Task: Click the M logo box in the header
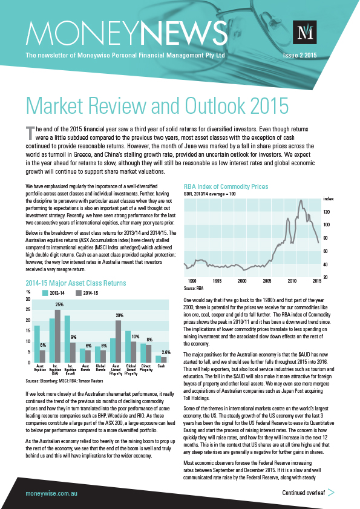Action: (304, 33)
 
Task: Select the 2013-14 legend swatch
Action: (45, 293)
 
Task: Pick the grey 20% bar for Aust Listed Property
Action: (119, 341)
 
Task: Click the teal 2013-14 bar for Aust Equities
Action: (37, 344)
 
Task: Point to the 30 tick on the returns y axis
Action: (28, 299)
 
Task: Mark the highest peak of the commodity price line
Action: (300, 200)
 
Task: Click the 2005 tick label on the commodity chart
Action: (267, 281)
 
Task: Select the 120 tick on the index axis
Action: (327, 212)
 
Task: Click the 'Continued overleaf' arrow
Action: (330, 493)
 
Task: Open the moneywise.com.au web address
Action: (50, 493)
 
